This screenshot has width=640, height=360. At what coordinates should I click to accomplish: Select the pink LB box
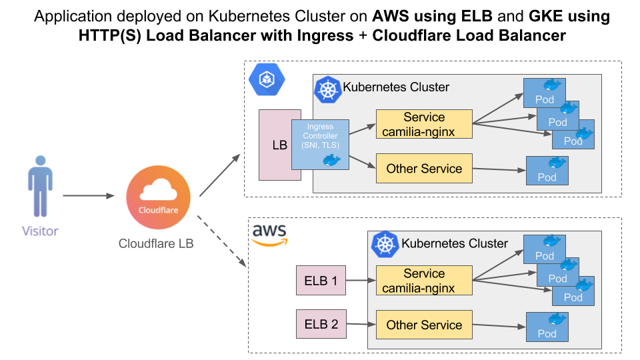point(275,145)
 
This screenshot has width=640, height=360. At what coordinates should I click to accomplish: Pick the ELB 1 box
point(321,281)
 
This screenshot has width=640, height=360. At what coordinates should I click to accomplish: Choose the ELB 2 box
point(321,324)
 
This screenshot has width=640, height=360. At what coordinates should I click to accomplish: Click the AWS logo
point(270,235)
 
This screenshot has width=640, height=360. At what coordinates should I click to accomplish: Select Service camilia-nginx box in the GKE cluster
point(424,124)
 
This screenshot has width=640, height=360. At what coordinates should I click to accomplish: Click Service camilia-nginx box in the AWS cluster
point(424,281)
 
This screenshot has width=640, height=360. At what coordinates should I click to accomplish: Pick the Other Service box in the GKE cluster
point(424,168)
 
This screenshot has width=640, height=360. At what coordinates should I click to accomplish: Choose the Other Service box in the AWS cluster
point(424,325)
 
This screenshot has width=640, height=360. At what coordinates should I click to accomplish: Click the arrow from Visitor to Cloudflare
point(90,196)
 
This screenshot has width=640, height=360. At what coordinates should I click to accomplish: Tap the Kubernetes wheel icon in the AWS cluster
point(385,245)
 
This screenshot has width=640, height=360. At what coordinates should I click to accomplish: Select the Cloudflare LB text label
point(156,243)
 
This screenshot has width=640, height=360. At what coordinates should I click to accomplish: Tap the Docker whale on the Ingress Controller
point(331,160)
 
